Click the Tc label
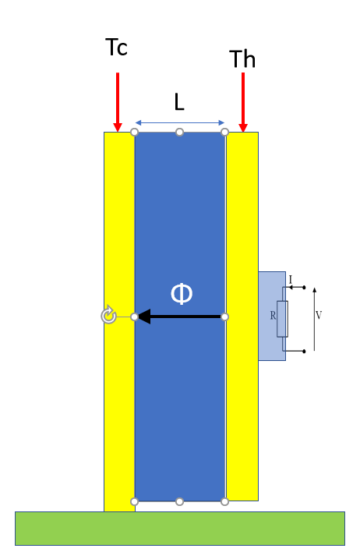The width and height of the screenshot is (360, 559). pos(117,47)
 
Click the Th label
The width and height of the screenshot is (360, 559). pos(242,58)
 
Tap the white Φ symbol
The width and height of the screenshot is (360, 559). pos(182,294)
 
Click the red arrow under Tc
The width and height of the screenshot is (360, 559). pos(118,102)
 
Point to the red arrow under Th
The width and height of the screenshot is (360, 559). pos(243,102)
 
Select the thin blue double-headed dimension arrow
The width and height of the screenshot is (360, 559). pos(180,123)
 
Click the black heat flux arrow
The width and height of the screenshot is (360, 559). pos(180,317)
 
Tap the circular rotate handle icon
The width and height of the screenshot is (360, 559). pos(108,315)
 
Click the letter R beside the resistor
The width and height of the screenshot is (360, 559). pos(273,316)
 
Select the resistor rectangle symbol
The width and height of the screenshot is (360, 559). pos(282,319)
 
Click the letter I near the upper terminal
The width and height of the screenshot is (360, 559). pos(291,279)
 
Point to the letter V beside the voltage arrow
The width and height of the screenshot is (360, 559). pos(319,315)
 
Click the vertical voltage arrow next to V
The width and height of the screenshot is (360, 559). pos(314,319)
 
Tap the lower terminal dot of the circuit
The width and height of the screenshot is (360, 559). pos(304,351)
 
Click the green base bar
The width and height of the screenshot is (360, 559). pos(180,529)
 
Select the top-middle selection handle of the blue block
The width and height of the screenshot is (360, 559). pos(180,133)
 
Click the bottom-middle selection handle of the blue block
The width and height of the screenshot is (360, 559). pos(180,501)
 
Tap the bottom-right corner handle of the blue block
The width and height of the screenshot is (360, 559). pos(224,501)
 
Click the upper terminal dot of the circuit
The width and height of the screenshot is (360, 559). pos(304,288)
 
